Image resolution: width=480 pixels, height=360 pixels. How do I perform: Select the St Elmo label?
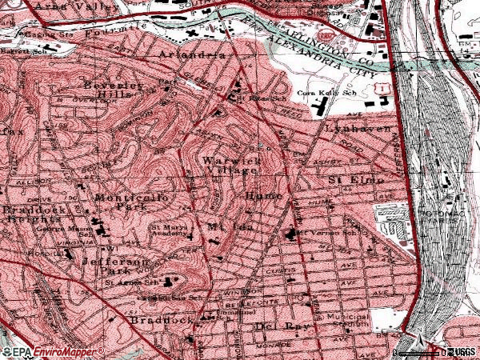pos(357,181)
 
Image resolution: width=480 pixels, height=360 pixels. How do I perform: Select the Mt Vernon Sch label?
pos(314,234)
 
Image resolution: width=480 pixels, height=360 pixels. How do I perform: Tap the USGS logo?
pos(463,352)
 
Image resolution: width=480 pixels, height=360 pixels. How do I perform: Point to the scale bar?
pos(420,351)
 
